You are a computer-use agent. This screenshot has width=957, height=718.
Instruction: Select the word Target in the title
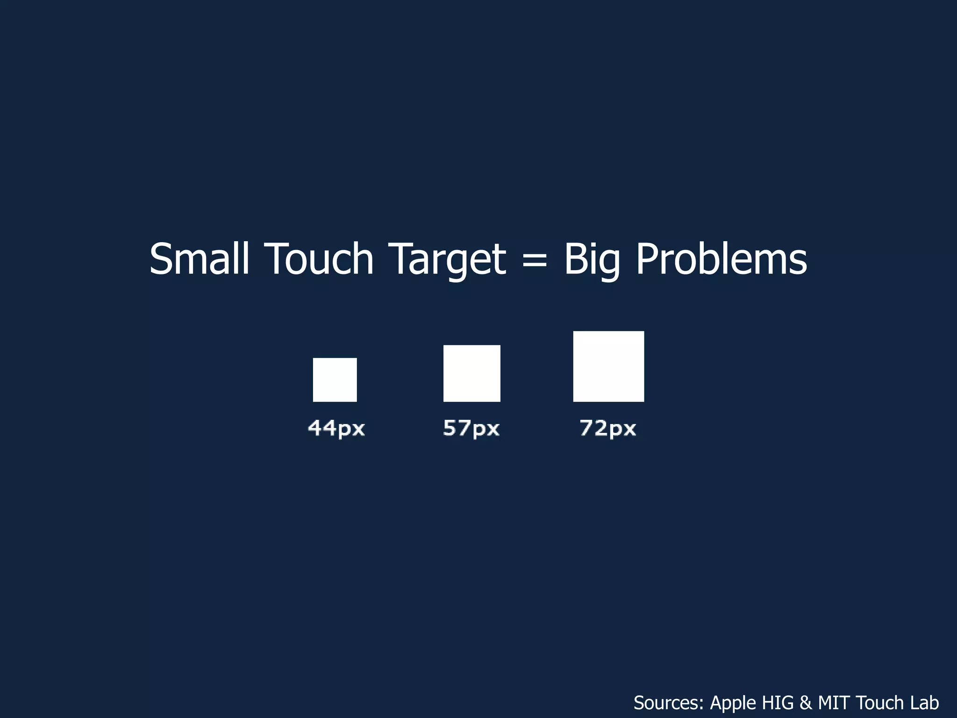[x=447, y=259]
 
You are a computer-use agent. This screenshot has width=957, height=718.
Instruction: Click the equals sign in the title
[x=535, y=260]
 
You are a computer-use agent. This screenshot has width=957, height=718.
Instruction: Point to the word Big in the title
[x=592, y=259]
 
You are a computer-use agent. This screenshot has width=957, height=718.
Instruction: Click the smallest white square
[x=335, y=380]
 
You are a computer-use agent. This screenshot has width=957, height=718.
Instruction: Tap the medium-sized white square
[x=471, y=373]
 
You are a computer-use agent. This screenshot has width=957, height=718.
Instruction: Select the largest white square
[x=608, y=366]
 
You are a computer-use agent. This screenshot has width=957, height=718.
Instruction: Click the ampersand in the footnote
[x=806, y=703]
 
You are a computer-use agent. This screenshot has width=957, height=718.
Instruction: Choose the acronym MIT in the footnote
[x=835, y=703]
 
